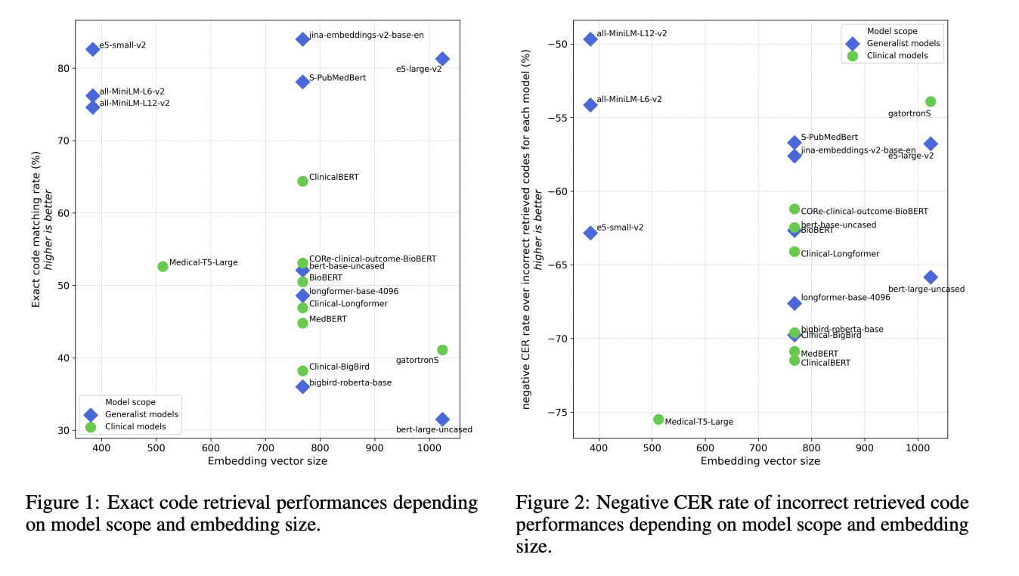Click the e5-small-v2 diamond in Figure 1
(x=92, y=49)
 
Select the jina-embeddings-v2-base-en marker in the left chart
(x=302, y=39)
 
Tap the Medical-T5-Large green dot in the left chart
(x=163, y=266)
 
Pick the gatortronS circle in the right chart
(x=931, y=101)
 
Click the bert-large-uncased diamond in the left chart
(x=442, y=419)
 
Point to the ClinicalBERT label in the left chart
(x=333, y=177)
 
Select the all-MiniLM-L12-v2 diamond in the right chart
(x=590, y=39)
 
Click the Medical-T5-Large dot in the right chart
(x=658, y=419)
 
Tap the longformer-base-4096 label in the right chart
(x=845, y=297)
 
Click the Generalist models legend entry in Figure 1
(x=141, y=414)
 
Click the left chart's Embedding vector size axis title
(x=268, y=461)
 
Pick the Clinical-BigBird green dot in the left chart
(x=302, y=370)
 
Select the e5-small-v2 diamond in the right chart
(x=590, y=233)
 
